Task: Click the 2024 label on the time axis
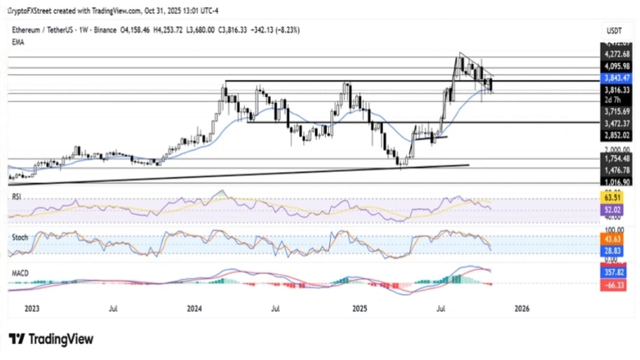[x=195, y=308]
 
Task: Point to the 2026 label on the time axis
[x=522, y=308]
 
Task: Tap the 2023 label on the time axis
[x=32, y=308]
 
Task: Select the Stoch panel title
[x=20, y=237]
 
